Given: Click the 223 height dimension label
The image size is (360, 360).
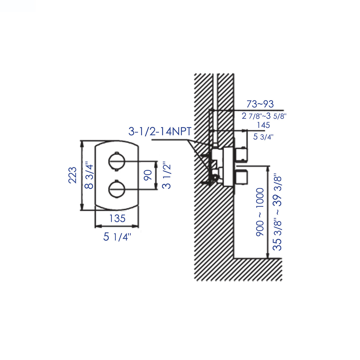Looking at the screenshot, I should click(73, 175).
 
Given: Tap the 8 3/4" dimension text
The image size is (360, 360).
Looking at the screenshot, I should click(89, 175).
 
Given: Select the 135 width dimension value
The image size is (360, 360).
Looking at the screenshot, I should click(117, 219).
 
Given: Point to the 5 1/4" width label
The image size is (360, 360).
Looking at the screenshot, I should click(117, 237).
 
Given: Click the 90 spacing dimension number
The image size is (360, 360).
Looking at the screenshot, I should click(148, 175).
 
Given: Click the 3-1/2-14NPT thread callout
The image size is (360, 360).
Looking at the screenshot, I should click(160, 131).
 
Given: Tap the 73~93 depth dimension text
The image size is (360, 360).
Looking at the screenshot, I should click(260, 104).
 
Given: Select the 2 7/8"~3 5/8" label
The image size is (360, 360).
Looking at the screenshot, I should click(264, 116).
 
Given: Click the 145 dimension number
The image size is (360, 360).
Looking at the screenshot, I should click(263, 125).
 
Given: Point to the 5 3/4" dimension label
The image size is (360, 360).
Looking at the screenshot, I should click(263, 137).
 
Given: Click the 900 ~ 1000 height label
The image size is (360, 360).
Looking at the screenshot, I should click(260, 212).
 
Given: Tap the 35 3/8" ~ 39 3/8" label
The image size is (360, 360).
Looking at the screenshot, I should click(277, 212).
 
